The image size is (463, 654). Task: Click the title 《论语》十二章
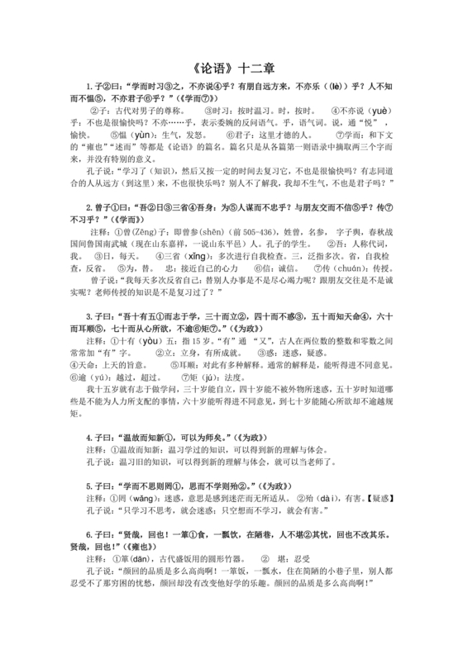231,69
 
